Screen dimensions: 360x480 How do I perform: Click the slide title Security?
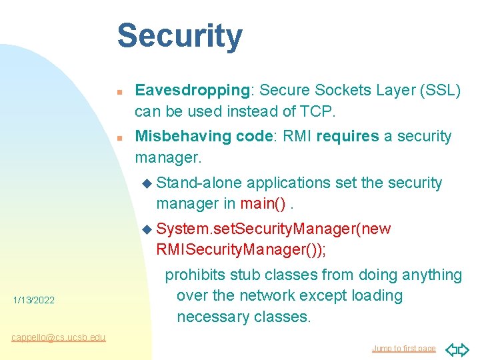[x=179, y=37]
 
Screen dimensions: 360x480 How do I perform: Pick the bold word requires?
[x=347, y=137]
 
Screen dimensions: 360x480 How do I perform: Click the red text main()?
[x=265, y=202]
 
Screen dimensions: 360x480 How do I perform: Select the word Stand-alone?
[x=199, y=183]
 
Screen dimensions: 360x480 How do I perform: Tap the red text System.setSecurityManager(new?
[x=273, y=229]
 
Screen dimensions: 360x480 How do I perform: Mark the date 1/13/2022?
[x=33, y=301]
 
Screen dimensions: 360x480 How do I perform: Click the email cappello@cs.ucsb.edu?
[x=58, y=337]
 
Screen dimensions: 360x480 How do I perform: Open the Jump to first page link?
[x=403, y=348]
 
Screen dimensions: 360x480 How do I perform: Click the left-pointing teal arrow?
[x=451, y=348]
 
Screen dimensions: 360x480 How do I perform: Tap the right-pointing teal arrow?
[x=465, y=348]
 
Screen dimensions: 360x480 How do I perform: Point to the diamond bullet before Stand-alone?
[x=148, y=183]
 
